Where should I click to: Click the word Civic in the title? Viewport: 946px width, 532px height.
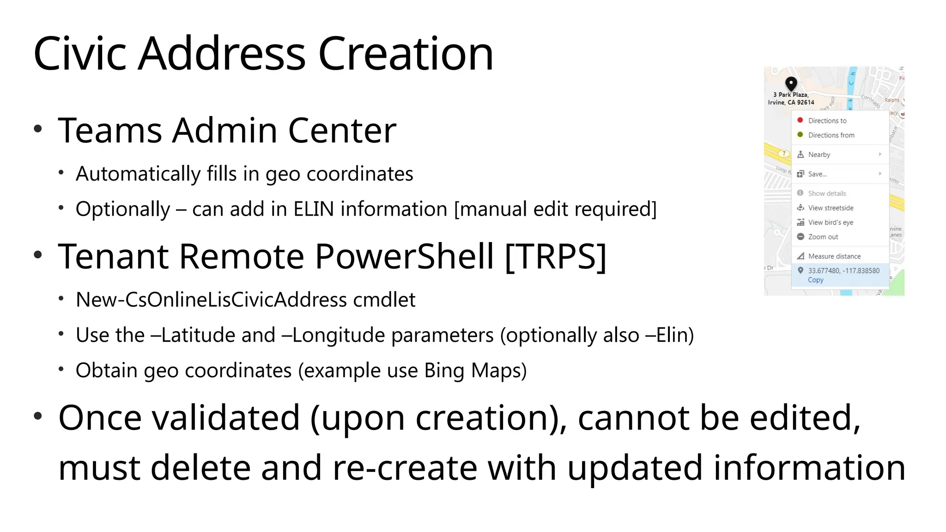tap(79, 54)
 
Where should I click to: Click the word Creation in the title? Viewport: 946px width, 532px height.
tap(406, 54)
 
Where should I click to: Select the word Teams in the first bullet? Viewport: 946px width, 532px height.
tap(109, 131)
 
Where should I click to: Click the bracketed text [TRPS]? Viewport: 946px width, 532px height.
tap(555, 256)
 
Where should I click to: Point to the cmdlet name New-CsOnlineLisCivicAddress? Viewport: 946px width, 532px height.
tap(211, 300)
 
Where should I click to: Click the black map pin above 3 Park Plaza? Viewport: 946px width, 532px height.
tap(791, 84)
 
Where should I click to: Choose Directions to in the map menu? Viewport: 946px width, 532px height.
tap(827, 121)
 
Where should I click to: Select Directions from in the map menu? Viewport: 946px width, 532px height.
tap(831, 135)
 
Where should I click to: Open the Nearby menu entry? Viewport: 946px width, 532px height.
tap(819, 155)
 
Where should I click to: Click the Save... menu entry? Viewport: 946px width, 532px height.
tap(817, 174)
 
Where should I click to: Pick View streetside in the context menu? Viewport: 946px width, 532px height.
tap(831, 208)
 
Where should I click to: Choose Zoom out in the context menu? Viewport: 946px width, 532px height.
tap(823, 237)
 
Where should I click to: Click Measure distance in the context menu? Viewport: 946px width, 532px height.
tap(834, 256)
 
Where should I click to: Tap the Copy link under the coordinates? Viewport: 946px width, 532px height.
tap(815, 280)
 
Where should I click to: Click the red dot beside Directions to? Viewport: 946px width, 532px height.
tap(800, 120)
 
